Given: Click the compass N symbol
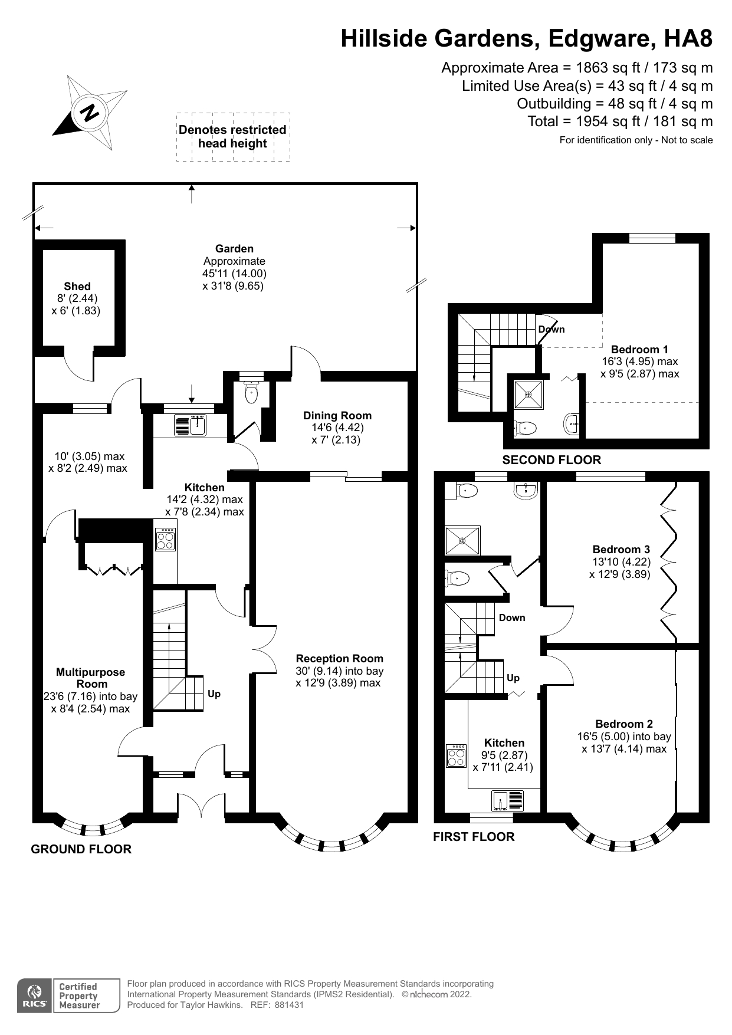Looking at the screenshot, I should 90,112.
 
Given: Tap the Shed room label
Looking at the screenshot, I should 77,287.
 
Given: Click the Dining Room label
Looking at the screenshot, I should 337,416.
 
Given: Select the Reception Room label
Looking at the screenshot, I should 339,659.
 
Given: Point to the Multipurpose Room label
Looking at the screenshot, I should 90,678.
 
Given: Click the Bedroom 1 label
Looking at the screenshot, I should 639,349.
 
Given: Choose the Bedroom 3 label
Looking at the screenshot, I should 621,549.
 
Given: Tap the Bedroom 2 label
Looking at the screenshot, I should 623,724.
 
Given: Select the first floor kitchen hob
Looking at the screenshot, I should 456,756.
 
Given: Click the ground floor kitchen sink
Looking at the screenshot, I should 189,425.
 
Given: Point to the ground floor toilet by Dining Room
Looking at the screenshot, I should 252,393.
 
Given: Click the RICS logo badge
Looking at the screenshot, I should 34,996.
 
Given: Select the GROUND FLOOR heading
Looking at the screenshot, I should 81,849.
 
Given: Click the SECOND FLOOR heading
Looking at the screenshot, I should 551,460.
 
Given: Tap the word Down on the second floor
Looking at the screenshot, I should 552,329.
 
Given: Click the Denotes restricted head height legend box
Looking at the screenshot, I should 233,137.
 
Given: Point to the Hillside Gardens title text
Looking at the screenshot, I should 526,39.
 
